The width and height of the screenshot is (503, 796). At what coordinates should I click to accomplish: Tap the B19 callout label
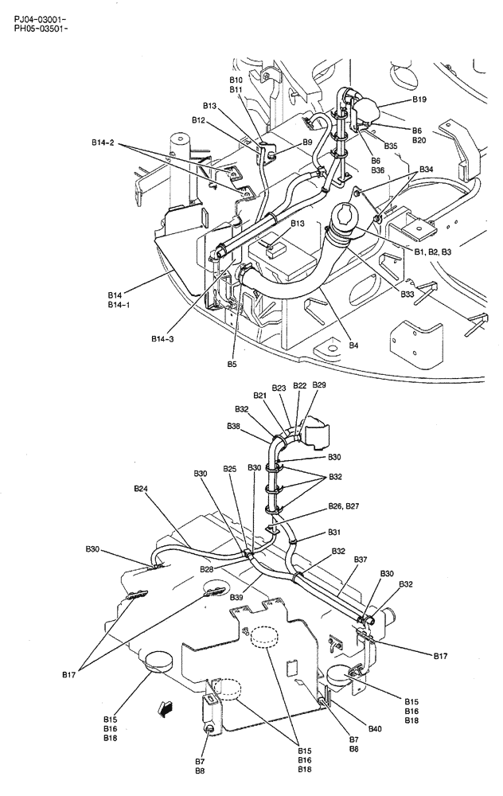(x=419, y=99)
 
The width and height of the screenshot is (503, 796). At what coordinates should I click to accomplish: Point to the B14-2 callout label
(x=103, y=143)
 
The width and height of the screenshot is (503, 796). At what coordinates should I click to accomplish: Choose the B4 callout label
(x=353, y=345)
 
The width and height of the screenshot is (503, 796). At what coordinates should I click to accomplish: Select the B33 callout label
(x=407, y=295)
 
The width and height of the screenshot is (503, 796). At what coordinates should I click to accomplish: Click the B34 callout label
(x=427, y=170)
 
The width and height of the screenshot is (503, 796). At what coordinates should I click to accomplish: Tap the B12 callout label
(x=199, y=120)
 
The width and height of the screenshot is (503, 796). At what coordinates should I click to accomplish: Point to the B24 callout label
(x=141, y=488)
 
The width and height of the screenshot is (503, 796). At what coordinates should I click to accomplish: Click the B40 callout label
(x=376, y=728)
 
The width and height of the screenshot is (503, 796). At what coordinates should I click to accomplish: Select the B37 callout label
(x=360, y=560)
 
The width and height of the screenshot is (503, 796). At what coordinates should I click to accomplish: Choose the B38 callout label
(x=233, y=427)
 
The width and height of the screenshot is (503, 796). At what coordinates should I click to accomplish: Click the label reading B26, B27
(x=344, y=506)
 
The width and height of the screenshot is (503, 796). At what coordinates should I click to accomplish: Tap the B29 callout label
(x=318, y=385)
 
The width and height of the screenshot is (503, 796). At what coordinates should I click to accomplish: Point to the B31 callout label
(x=334, y=533)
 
